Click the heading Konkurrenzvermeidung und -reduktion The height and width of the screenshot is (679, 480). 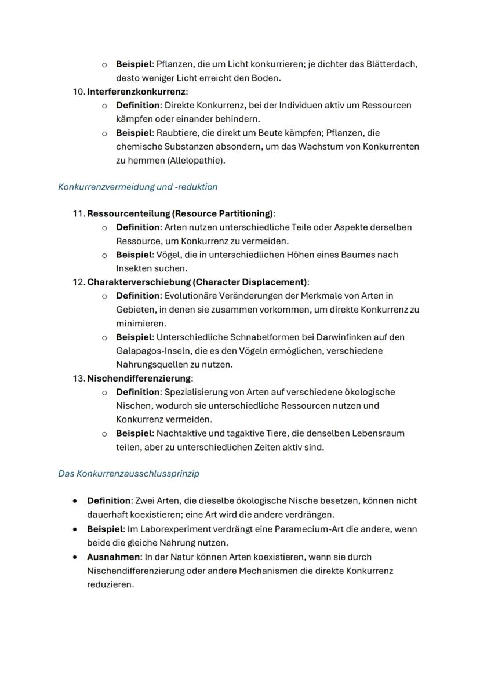click(x=137, y=187)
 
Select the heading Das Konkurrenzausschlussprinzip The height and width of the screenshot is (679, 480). click(x=128, y=474)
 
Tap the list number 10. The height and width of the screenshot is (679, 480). click(x=78, y=92)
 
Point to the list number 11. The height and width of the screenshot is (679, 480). click(x=78, y=213)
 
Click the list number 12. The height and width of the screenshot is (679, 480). click(x=78, y=282)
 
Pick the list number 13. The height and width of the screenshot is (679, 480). click(x=78, y=379)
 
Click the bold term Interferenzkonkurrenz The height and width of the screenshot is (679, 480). click(x=136, y=92)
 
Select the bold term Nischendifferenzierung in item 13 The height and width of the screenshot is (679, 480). click(x=139, y=379)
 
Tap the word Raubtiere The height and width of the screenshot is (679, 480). click(x=177, y=133)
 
